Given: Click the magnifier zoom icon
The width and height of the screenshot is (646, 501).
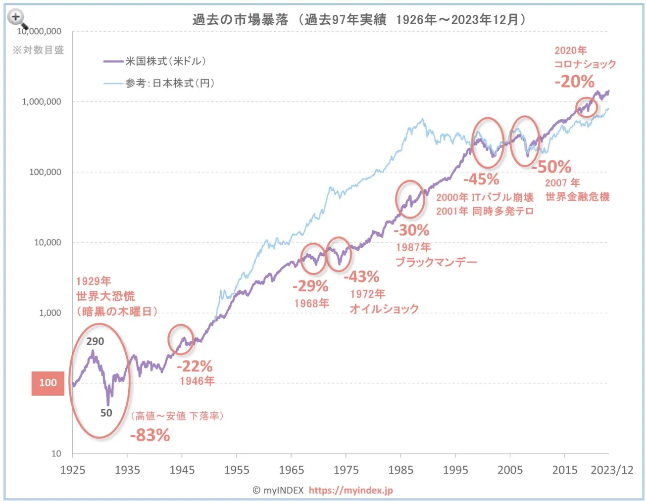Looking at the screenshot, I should click(x=17, y=18).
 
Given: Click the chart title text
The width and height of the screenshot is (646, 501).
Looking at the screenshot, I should click(x=359, y=19).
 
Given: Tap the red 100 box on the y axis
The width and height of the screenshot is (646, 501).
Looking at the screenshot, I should click(x=48, y=383).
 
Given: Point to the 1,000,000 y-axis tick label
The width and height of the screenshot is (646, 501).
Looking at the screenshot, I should click(x=42, y=101).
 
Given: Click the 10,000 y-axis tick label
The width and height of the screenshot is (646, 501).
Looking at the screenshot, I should click(x=48, y=242).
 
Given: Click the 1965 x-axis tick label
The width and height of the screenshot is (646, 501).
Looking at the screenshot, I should click(x=291, y=470).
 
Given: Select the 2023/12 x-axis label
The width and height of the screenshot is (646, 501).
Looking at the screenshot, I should click(x=612, y=470).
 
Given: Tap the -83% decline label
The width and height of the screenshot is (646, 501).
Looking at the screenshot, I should click(x=150, y=435).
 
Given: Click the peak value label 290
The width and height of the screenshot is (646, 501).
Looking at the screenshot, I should click(x=95, y=341).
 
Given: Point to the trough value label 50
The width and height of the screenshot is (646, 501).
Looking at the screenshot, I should click(x=106, y=413).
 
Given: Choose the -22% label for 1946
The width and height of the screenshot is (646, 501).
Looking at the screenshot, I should click(x=195, y=366).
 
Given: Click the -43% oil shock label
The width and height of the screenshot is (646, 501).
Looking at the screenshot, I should click(x=361, y=276).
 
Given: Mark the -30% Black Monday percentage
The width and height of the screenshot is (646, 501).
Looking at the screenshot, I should click(x=411, y=230).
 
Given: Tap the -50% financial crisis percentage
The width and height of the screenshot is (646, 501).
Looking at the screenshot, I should click(x=551, y=167).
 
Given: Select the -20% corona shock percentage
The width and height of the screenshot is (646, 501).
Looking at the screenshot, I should click(x=574, y=81).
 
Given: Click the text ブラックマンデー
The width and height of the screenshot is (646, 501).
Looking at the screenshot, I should click(x=436, y=262).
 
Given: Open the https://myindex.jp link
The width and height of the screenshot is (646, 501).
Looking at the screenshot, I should click(x=350, y=490).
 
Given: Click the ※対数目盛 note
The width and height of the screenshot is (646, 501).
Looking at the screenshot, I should click(x=38, y=50).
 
